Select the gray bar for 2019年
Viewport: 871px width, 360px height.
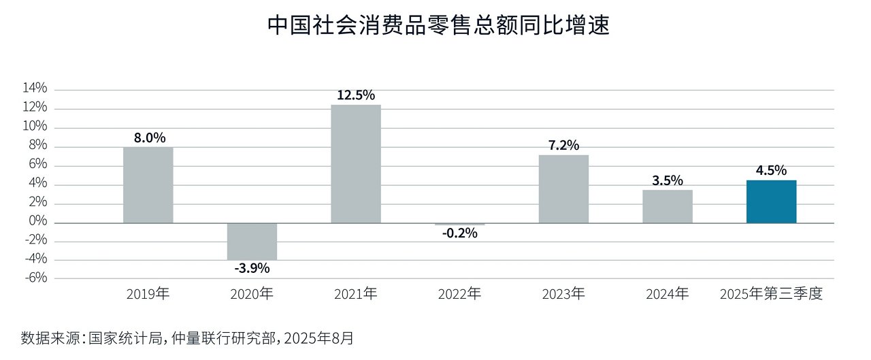pos(148,185)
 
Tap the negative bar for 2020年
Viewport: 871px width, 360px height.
pos(252,241)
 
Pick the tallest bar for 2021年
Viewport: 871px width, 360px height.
pos(356,164)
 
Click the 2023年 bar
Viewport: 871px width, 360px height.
pos(563,189)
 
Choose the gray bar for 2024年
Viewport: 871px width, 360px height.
pos(668,206)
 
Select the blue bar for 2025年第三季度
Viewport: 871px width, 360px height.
pos(771,201)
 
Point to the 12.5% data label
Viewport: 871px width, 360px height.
pos(356,95)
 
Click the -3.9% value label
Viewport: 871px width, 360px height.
pos(252,268)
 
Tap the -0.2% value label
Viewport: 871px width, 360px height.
pos(460,233)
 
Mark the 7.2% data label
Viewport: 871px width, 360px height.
pos(563,145)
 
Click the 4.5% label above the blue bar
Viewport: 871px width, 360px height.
pos(771,170)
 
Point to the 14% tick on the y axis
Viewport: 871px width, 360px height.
pos(35,88)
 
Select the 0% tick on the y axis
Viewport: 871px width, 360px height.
pos(37,222)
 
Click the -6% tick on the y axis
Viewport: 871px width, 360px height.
pos(35,278)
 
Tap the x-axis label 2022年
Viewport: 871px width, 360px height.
pos(460,295)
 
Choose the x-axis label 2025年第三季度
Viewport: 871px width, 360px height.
pos(772,295)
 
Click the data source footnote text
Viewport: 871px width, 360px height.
pos(187,338)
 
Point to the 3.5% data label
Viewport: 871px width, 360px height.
pos(668,180)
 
